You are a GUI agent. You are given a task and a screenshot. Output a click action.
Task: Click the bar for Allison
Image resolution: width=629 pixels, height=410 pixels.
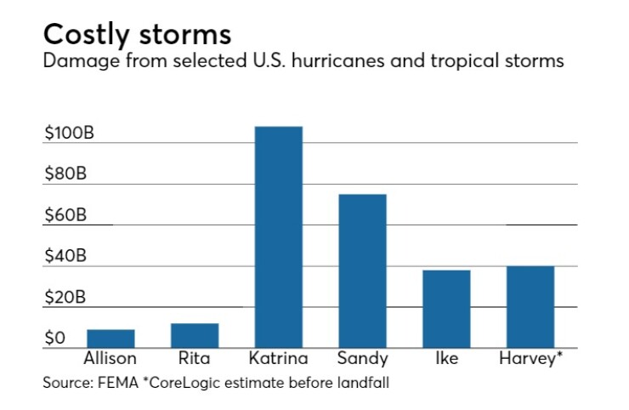(110, 339)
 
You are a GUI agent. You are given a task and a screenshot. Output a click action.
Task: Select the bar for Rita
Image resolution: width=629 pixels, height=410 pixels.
(195, 336)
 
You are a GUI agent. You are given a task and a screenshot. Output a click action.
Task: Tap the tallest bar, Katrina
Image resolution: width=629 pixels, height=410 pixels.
(279, 237)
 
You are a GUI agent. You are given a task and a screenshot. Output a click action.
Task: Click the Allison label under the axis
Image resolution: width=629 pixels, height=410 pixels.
(110, 358)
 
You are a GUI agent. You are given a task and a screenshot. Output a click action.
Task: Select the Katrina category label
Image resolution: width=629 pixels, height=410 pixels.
(279, 358)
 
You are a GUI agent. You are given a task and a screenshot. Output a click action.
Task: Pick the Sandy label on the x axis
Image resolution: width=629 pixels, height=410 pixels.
(362, 358)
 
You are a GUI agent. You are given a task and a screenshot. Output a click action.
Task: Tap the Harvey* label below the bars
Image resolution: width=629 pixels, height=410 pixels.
(531, 358)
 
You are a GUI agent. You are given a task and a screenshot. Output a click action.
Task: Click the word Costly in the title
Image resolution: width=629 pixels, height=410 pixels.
(84, 35)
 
